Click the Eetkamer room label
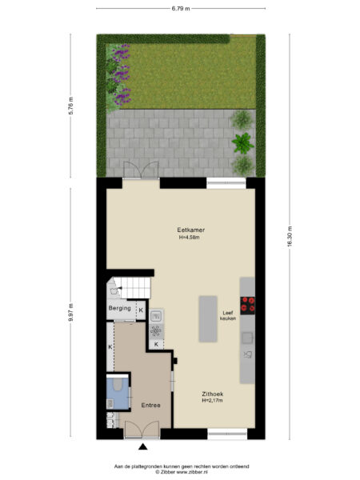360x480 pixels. click(x=191, y=230)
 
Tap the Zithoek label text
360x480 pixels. click(x=212, y=394)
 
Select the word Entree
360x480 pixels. click(x=150, y=405)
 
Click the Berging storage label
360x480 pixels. click(x=119, y=309)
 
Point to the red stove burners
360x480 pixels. click(x=248, y=305)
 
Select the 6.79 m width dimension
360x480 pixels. click(x=181, y=8)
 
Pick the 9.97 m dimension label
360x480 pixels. click(x=71, y=310)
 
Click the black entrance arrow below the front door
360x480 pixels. click(x=143, y=446)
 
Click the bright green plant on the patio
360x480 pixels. click(x=240, y=144)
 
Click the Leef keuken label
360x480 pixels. click(x=227, y=315)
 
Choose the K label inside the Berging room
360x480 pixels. click(x=141, y=310)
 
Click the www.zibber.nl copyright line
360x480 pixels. click(x=182, y=471)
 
